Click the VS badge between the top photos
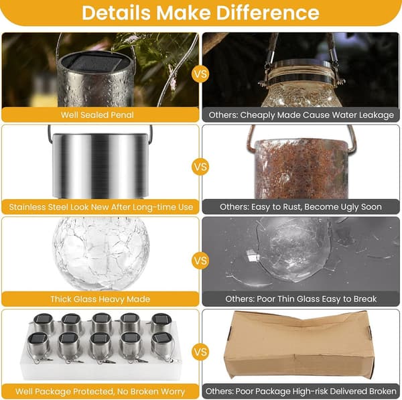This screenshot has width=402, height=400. pyautogui.click(x=200, y=74)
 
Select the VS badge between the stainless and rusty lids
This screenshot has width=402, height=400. pyautogui.click(x=200, y=167)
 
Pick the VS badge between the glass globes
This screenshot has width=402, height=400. pyautogui.click(x=200, y=261)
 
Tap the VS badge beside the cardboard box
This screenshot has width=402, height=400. pyautogui.click(x=200, y=352)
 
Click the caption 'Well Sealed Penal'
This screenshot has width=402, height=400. pyautogui.click(x=97, y=115)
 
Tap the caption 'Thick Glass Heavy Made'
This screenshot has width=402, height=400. pyautogui.click(x=100, y=299)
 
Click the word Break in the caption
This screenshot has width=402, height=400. pyautogui.click(x=365, y=299)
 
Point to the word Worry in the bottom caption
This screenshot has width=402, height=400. pyautogui.click(x=173, y=391)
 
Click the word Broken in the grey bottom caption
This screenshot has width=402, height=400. pyautogui.click(x=383, y=391)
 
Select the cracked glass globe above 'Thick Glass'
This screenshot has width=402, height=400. pyautogui.click(x=101, y=253)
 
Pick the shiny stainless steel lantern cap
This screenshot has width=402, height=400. pyautogui.click(x=100, y=166)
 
